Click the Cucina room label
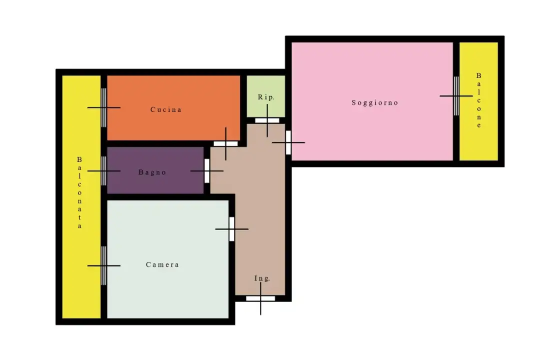click(165, 109)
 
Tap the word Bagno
click(152, 172)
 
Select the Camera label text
click(162, 264)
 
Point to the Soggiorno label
click(374, 103)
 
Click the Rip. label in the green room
click(266, 97)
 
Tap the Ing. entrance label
click(262, 278)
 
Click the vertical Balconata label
click(79, 192)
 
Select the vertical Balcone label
click(478, 100)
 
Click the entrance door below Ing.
click(260, 298)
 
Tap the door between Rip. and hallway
click(267, 120)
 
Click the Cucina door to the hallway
click(225, 143)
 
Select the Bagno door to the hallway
click(207, 171)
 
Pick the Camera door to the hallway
click(232, 229)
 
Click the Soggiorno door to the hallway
click(288, 142)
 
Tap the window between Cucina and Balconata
click(103, 107)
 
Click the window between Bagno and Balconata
click(103, 171)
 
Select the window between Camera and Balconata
click(103, 265)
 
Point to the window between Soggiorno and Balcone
click(456, 96)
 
